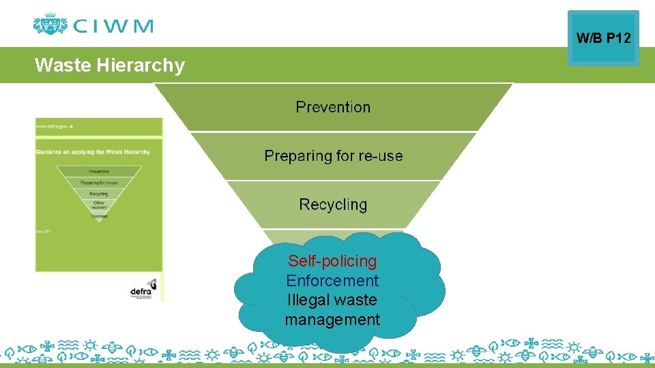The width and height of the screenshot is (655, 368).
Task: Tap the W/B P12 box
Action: coord(603,38)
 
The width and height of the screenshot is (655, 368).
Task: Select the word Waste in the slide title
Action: coord(63,65)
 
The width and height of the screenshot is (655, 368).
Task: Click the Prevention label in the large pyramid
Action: coord(333,107)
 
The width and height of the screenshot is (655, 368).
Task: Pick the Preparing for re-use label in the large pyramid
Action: coord(333,156)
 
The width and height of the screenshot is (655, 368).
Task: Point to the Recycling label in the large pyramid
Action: coord(333,204)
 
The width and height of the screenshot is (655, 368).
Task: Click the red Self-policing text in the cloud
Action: coord(332,261)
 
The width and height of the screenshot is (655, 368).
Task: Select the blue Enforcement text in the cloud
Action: coord(332,281)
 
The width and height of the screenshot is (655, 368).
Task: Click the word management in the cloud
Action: coord(332,320)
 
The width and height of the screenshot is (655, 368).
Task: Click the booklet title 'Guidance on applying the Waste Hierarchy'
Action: coord(93,152)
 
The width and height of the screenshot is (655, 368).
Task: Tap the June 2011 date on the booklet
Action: coord(44,232)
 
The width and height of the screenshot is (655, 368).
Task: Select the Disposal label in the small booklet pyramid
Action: coord(99,217)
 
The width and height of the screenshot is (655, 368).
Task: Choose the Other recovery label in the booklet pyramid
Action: coord(99,205)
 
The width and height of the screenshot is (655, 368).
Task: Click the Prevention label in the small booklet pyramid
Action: coord(99,171)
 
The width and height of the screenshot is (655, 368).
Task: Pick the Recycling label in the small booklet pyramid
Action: coord(99,194)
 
